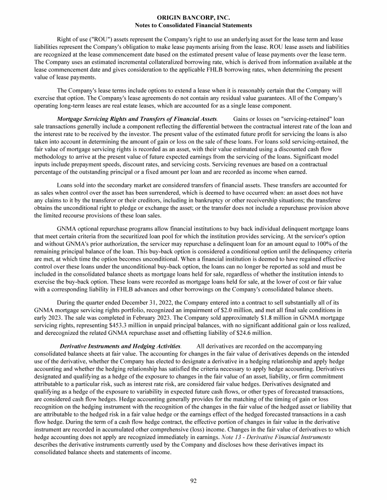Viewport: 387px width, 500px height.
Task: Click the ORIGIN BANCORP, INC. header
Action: pyautogui.click(x=193, y=17)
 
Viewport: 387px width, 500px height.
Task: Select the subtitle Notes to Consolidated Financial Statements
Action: pyautogui.click(x=193, y=25)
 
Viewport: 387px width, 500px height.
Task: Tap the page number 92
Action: pyautogui.click(x=193, y=481)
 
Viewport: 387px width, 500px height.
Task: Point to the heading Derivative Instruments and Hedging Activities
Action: pyautogui.click(x=120, y=346)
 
